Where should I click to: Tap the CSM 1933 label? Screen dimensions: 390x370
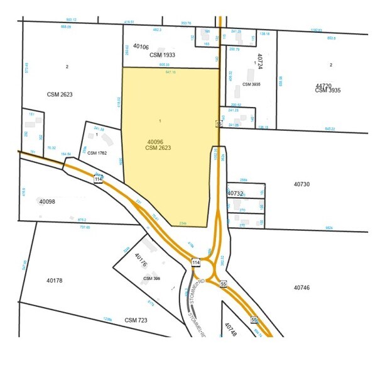pos(163,55)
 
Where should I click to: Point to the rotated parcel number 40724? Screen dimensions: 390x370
pos(257,64)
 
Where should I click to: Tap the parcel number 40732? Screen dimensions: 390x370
pos(235,193)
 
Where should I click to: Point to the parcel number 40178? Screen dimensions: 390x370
pos(59,280)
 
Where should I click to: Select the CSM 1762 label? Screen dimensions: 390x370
pos(97,153)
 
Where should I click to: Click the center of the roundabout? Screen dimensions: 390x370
pos(205,269)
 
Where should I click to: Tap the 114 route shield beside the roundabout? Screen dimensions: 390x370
pos(197,262)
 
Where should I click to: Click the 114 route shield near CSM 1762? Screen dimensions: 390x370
pos(98,179)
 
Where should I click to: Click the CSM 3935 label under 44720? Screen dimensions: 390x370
pos(328,91)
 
